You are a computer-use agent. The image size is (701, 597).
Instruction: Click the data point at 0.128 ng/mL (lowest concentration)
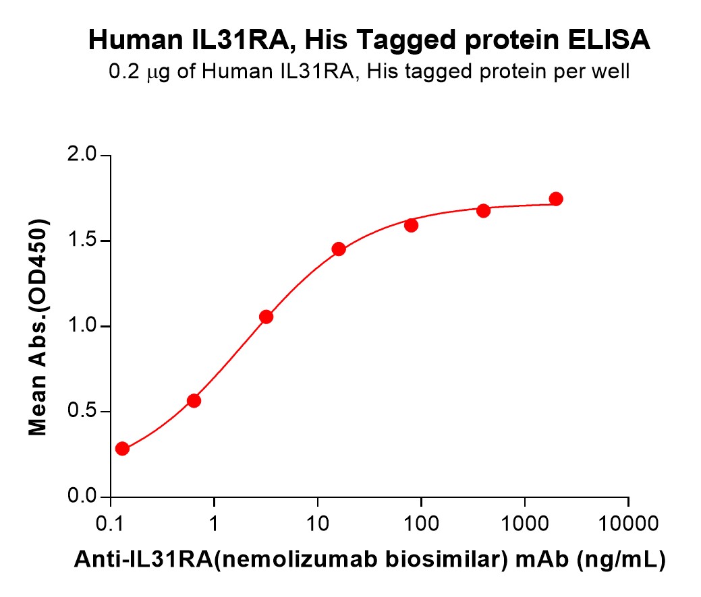122,449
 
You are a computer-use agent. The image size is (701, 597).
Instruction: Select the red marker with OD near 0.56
194,401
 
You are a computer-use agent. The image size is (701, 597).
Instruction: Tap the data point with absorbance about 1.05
266,317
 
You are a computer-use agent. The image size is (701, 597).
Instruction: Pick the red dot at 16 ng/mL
339,249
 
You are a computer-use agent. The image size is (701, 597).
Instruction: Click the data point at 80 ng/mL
411,225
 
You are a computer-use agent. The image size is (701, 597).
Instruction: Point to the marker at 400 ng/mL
483,211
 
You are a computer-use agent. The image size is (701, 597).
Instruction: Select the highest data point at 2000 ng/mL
556,199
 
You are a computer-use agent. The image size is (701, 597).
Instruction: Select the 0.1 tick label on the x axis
110,524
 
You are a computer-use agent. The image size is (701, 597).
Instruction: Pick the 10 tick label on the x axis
317,524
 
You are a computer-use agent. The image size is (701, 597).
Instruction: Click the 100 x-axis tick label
421,524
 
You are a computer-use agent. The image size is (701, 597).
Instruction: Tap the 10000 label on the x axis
628,524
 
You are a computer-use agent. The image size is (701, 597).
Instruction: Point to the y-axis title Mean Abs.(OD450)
38,327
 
